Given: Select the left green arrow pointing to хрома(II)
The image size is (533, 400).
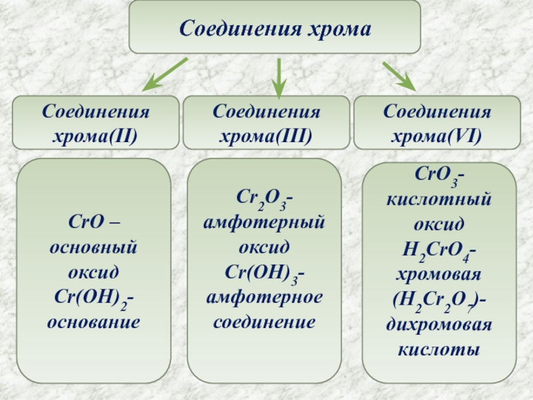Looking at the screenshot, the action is [167, 74].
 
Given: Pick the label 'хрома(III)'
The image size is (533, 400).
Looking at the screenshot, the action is [266, 137].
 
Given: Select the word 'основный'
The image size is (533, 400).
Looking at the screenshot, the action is [93, 247].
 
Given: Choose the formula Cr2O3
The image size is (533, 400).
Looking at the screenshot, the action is [263, 198].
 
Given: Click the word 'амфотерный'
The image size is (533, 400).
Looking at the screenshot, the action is [265, 222].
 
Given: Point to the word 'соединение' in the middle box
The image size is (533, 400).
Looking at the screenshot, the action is [265, 323].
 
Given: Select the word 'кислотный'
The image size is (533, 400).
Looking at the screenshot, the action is [438, 199].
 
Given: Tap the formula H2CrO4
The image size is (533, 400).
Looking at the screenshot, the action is [436, 251].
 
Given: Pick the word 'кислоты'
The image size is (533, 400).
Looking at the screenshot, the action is [438, 349].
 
